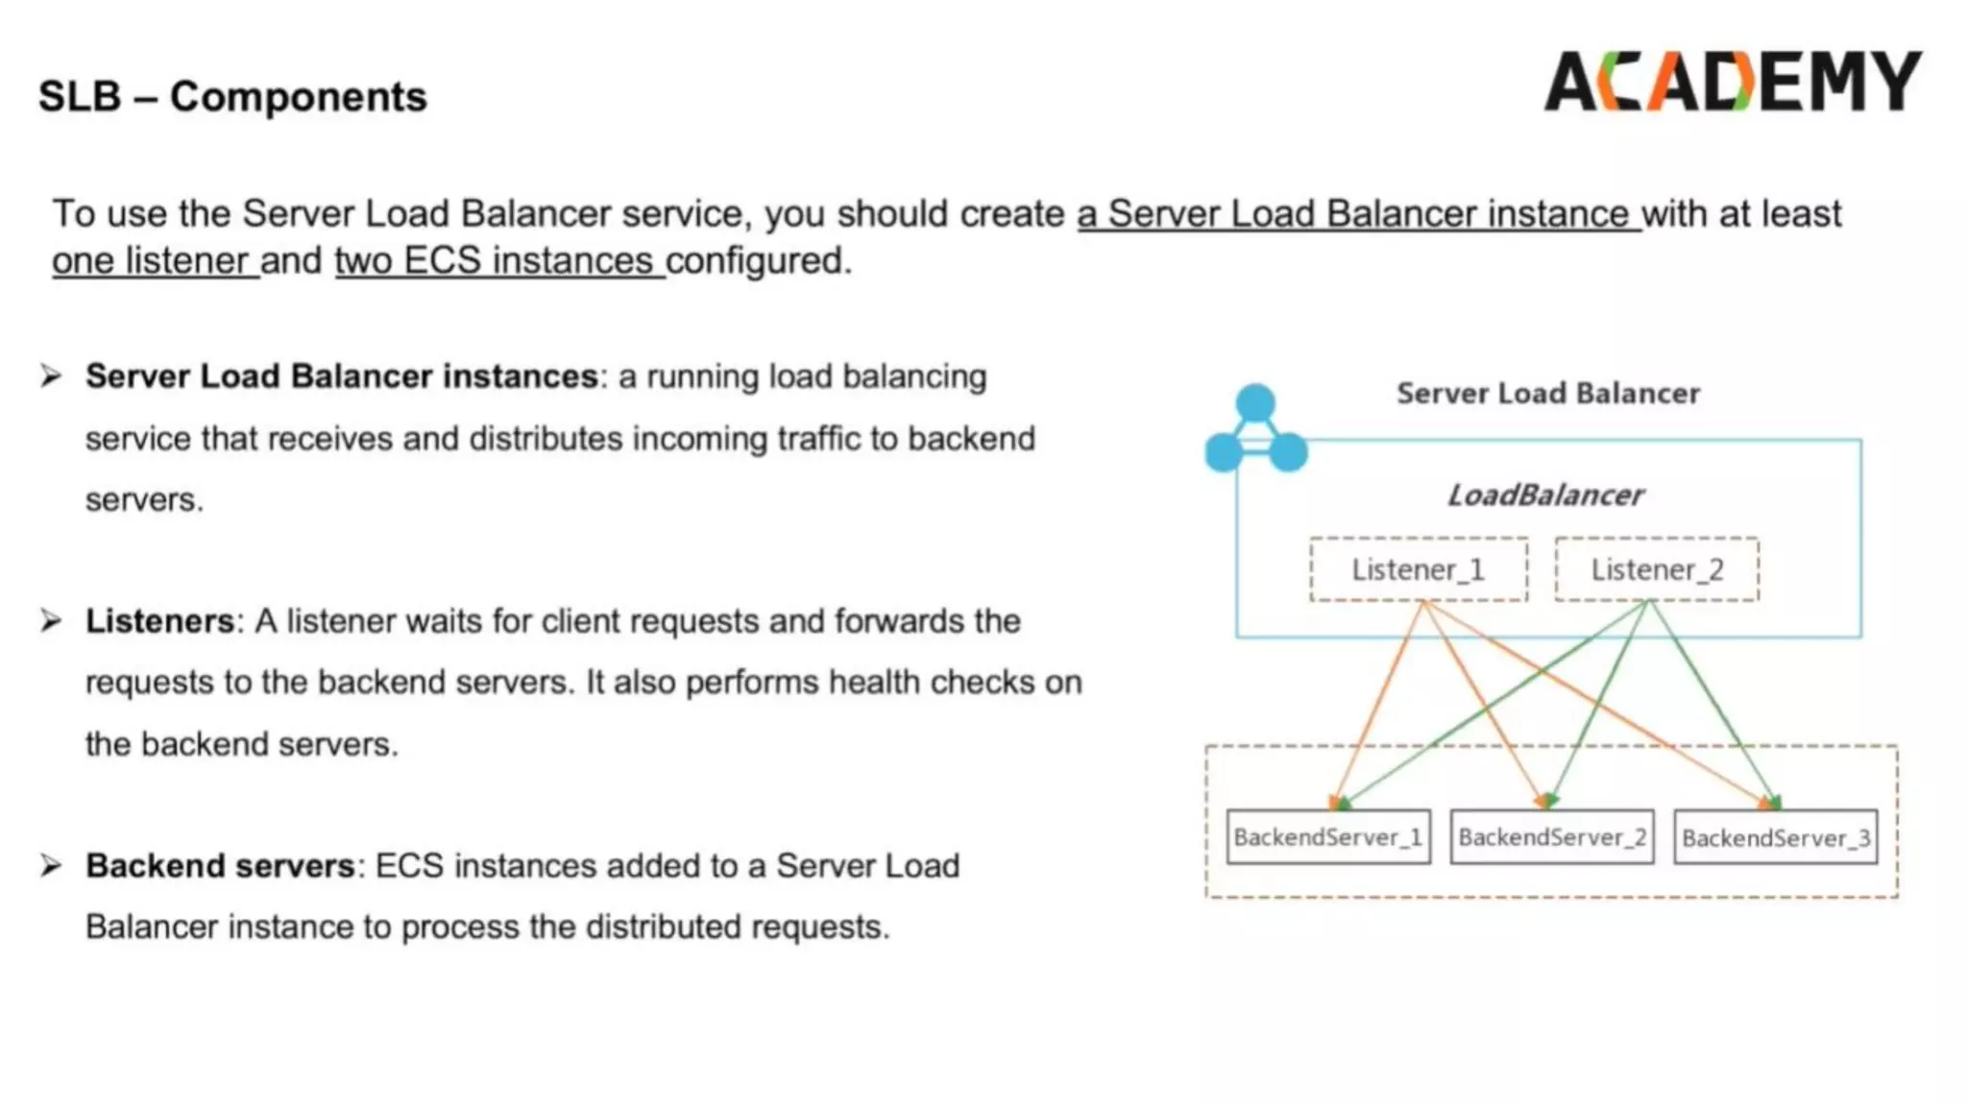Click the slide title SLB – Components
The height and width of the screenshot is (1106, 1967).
click(232, 97)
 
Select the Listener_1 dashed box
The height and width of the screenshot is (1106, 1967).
click(1418, 569)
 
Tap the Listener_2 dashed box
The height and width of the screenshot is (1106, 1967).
click(1657, 569)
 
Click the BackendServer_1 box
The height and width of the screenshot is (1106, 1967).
click(1327, 837)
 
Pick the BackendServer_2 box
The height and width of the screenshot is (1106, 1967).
click(1551, 837)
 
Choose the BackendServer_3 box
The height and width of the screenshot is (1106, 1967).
click(1775, 838)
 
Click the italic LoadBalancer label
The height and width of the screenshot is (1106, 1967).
click(1544, 495)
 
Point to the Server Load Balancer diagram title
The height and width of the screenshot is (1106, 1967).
click(1547, 394)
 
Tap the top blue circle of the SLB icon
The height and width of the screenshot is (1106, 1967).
click(1255, 403)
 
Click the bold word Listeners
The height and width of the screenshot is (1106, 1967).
click(159, 621)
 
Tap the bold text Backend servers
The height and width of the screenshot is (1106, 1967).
click(220, 866)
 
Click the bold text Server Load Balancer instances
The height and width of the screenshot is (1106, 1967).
click(342, 376)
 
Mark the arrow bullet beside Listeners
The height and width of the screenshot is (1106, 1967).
click(51, 621)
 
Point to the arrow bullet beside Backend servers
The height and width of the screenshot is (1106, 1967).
click(51, 866)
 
